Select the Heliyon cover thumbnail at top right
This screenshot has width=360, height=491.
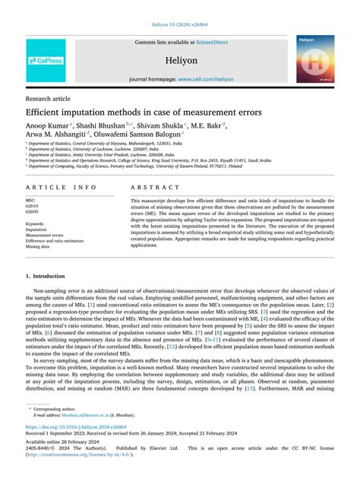click(314, 59)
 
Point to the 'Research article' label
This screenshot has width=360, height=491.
click(49, 99)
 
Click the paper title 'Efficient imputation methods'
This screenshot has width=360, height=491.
click(144, 112)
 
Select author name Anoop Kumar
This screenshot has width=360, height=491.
click(47, 125)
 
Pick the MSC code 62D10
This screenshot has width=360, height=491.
click(35, 205)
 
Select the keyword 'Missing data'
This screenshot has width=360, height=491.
click(38, 247)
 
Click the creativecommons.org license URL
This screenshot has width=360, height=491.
click(90, 455)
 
